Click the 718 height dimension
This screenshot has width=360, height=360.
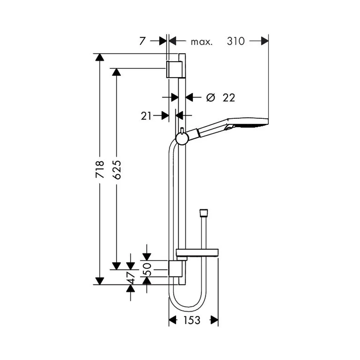[x=100, y=170]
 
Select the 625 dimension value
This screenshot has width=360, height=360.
[x=117, y=170]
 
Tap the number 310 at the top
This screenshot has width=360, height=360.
[x=236, y=41]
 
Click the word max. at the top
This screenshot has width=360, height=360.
[x=202, y=42]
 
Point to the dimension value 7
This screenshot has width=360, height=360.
[x=142, y=41]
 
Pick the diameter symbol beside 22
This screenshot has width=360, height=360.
[x=211, y=98]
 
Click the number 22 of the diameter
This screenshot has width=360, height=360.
[x=229, y=98]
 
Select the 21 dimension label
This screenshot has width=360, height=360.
[x=146, y=116]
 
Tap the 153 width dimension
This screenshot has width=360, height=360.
[x=192, y=320]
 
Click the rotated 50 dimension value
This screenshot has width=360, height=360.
[x=147, y=269]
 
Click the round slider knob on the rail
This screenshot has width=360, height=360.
[x=182, y=139]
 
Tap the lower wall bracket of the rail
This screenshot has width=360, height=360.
[x=175, y=268]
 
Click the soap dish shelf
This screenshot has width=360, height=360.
[x=197, y=253]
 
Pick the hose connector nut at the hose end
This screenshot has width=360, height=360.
[x=204, y=213]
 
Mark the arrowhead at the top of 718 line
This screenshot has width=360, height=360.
[x=100, y=57]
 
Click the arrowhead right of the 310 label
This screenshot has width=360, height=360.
[x=265, y=41]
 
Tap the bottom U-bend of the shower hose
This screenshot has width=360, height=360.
[x=188, y=309]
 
